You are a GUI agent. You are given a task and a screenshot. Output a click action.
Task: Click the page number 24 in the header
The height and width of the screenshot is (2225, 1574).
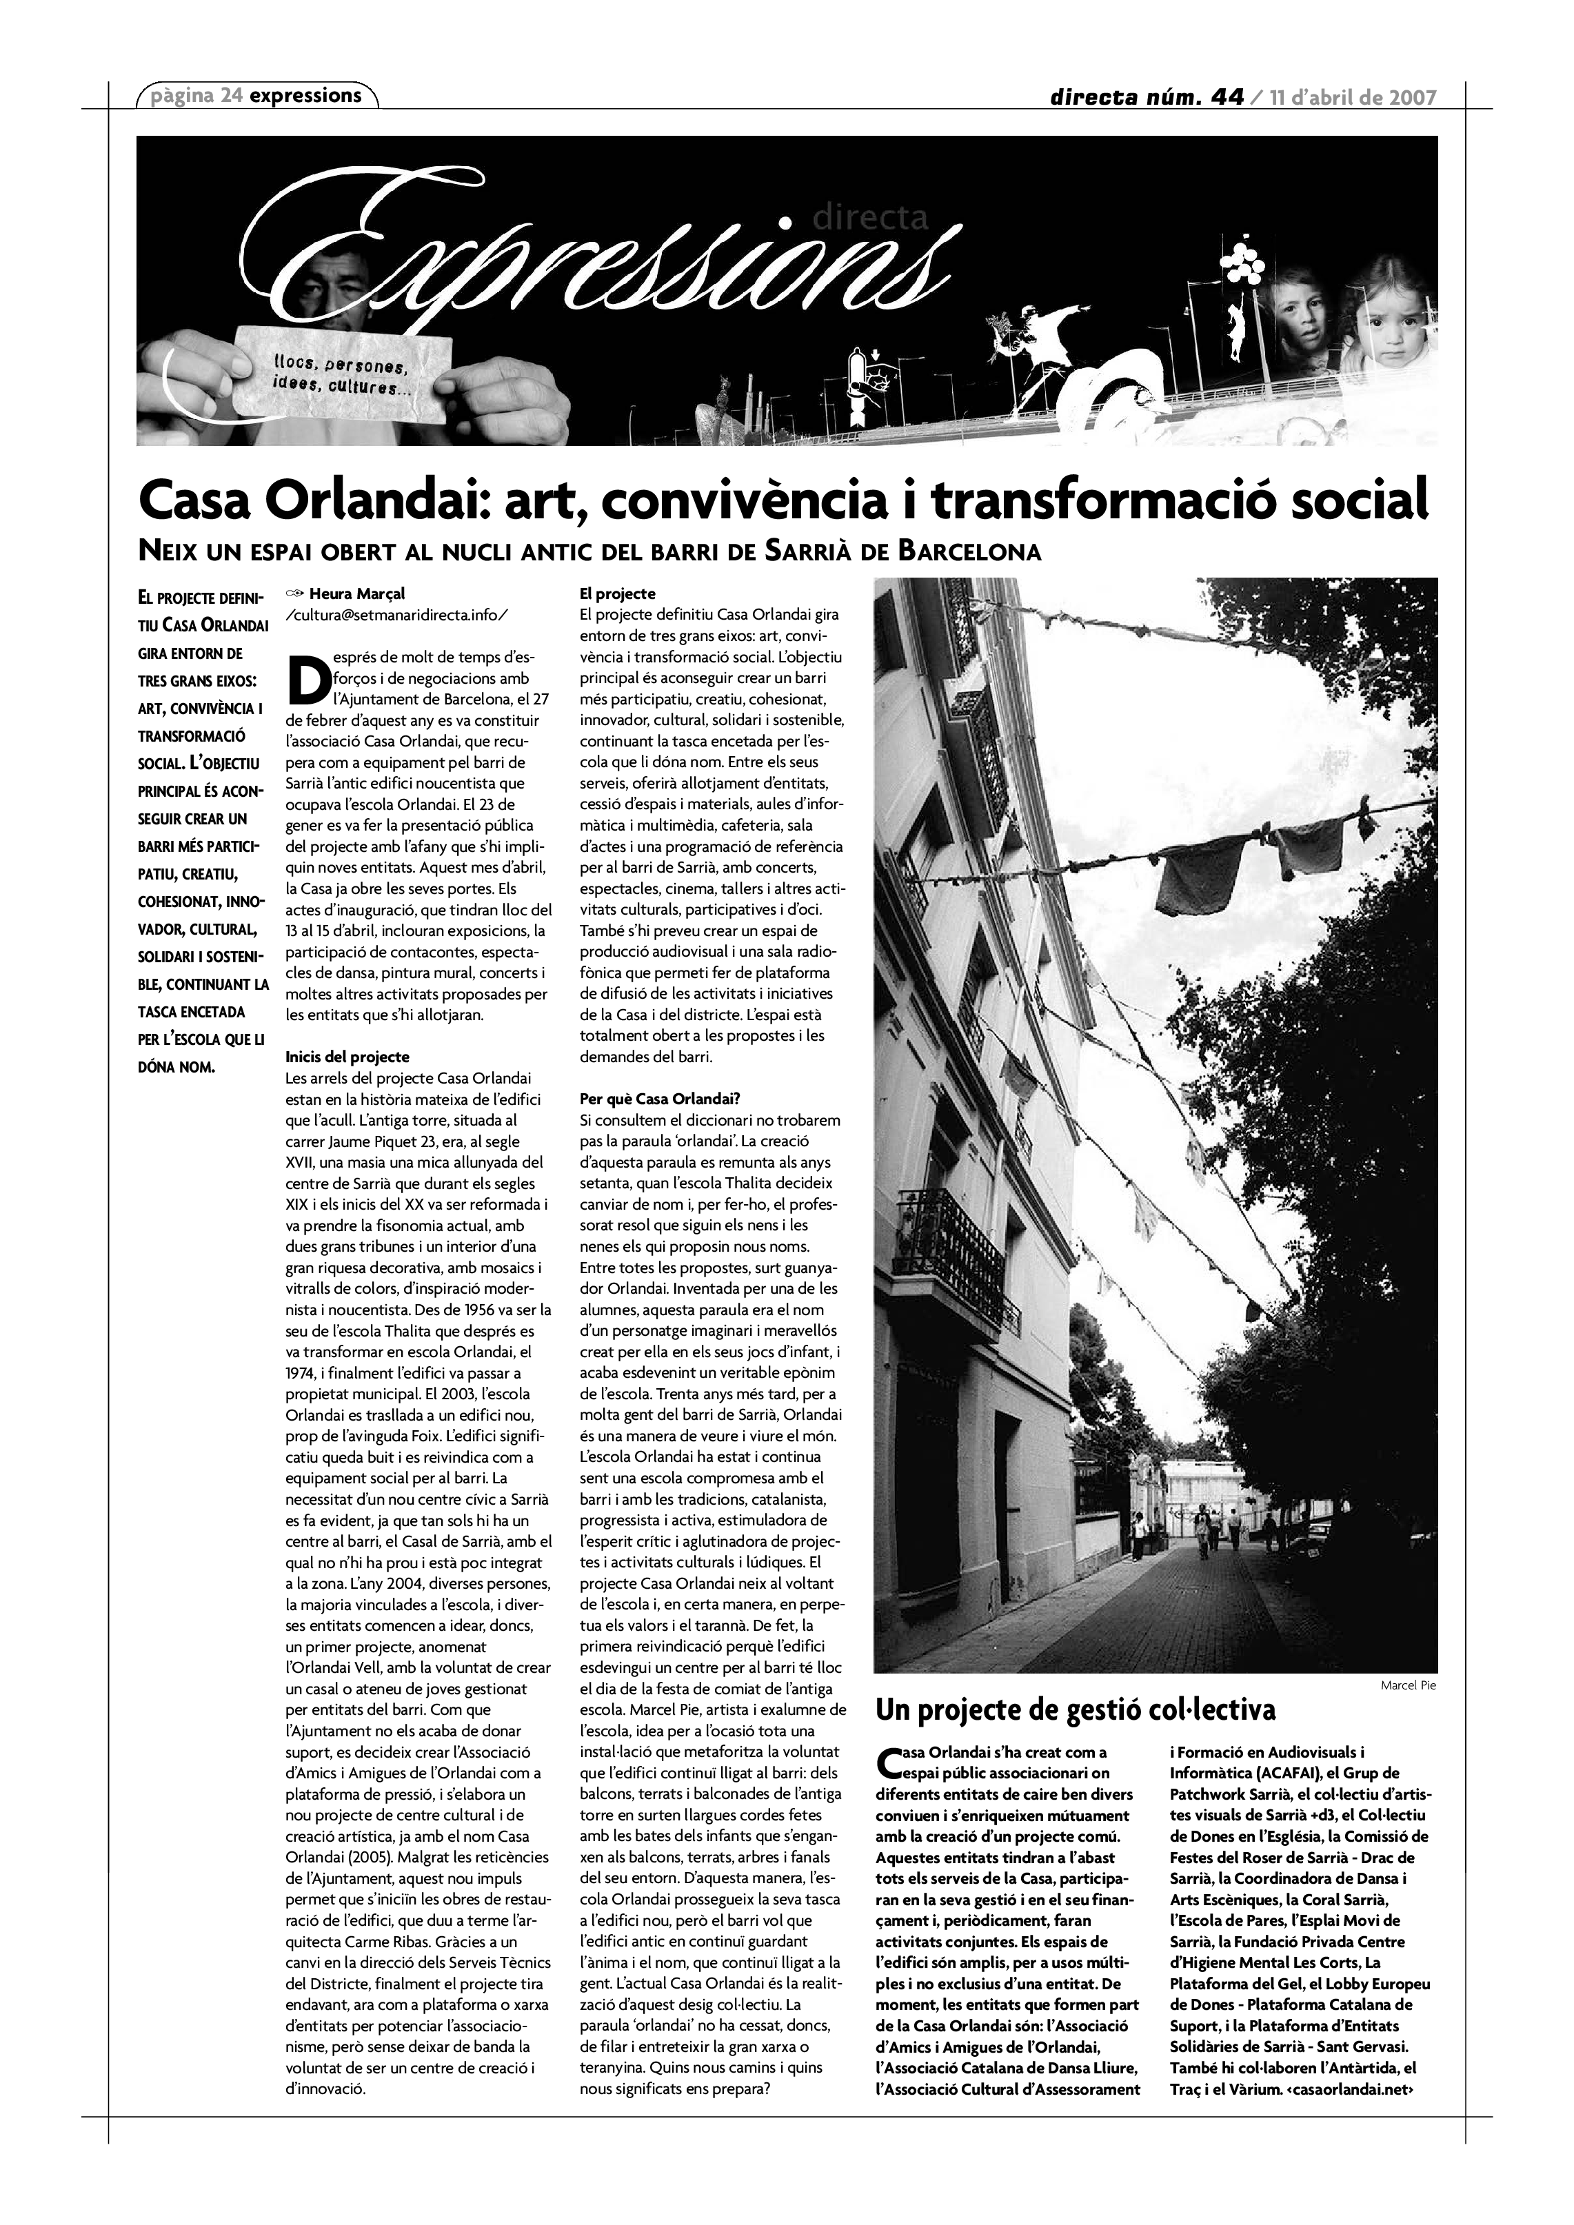[x=231, y=95]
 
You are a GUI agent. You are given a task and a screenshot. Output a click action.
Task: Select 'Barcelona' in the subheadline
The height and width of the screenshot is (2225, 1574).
[x=969, y=552]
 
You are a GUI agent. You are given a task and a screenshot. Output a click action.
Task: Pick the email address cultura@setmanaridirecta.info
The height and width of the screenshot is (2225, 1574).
[x=396, y=614]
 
